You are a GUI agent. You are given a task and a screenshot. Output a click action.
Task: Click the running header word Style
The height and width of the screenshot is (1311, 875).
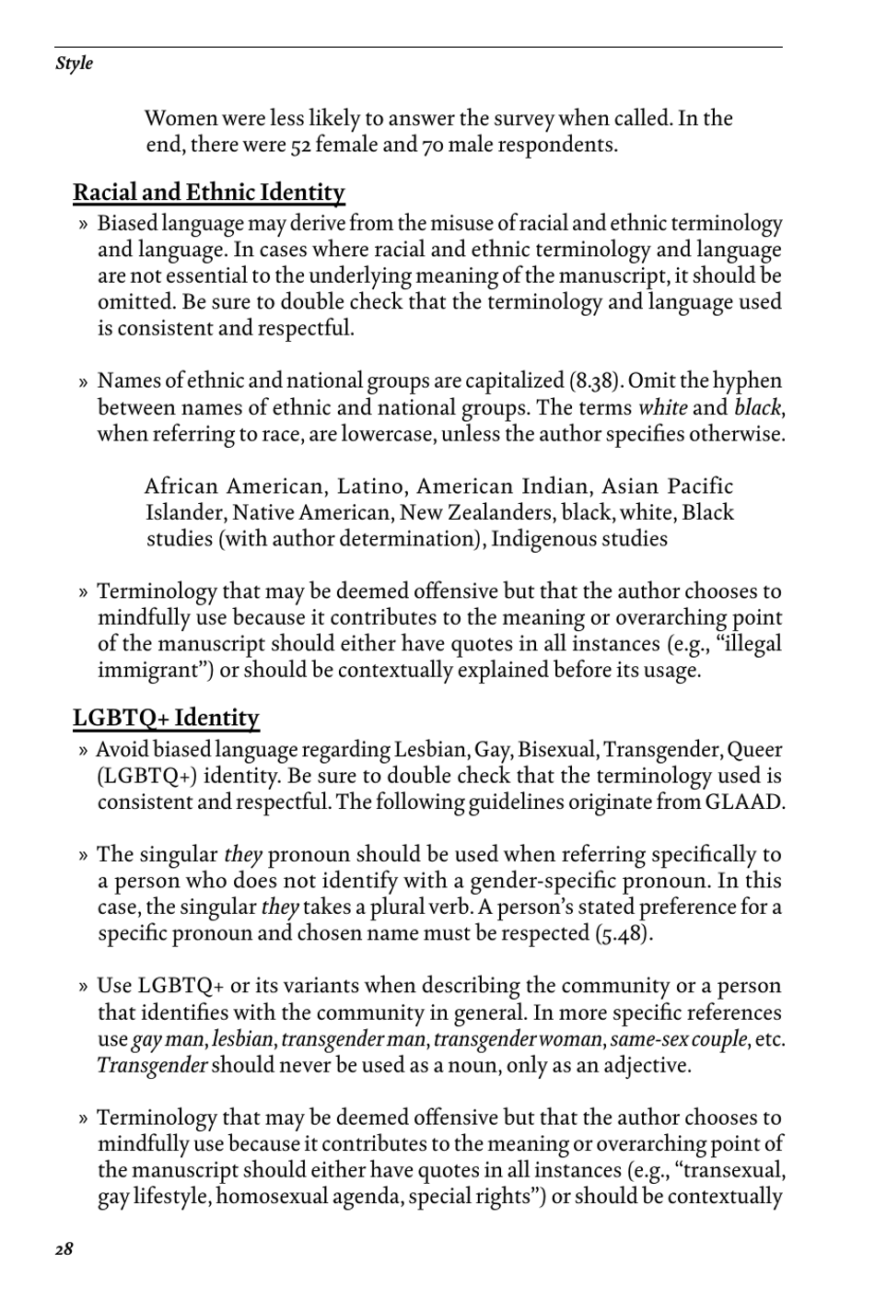pyautogui.click(x=74, y=64)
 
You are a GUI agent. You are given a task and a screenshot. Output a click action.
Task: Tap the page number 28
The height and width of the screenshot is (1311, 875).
pyautogui.click(x=63, y=1249)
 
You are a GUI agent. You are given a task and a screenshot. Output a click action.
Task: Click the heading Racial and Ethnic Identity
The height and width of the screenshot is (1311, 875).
pyautogui.click(x=209, y=193)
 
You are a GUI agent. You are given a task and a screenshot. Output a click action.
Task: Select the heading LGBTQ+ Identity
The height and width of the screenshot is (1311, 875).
pyautogui.click(x=166, y=718)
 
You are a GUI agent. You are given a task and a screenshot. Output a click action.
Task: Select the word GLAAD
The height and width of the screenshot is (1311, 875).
pyautogui.click(x=744, y=802)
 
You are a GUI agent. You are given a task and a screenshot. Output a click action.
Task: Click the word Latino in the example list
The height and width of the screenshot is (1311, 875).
pyautogui.click(x=369, y=486)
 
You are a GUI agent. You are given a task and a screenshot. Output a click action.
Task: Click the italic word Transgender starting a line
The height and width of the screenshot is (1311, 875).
pyautogui.click(x=152, y=1066)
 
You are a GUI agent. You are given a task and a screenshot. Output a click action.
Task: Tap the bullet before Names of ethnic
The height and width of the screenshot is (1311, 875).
pyautogui.click(x=83, y=382)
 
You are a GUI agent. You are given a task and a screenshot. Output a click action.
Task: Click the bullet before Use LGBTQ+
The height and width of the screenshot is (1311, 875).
pyautogui.click(x=83, y=987)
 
